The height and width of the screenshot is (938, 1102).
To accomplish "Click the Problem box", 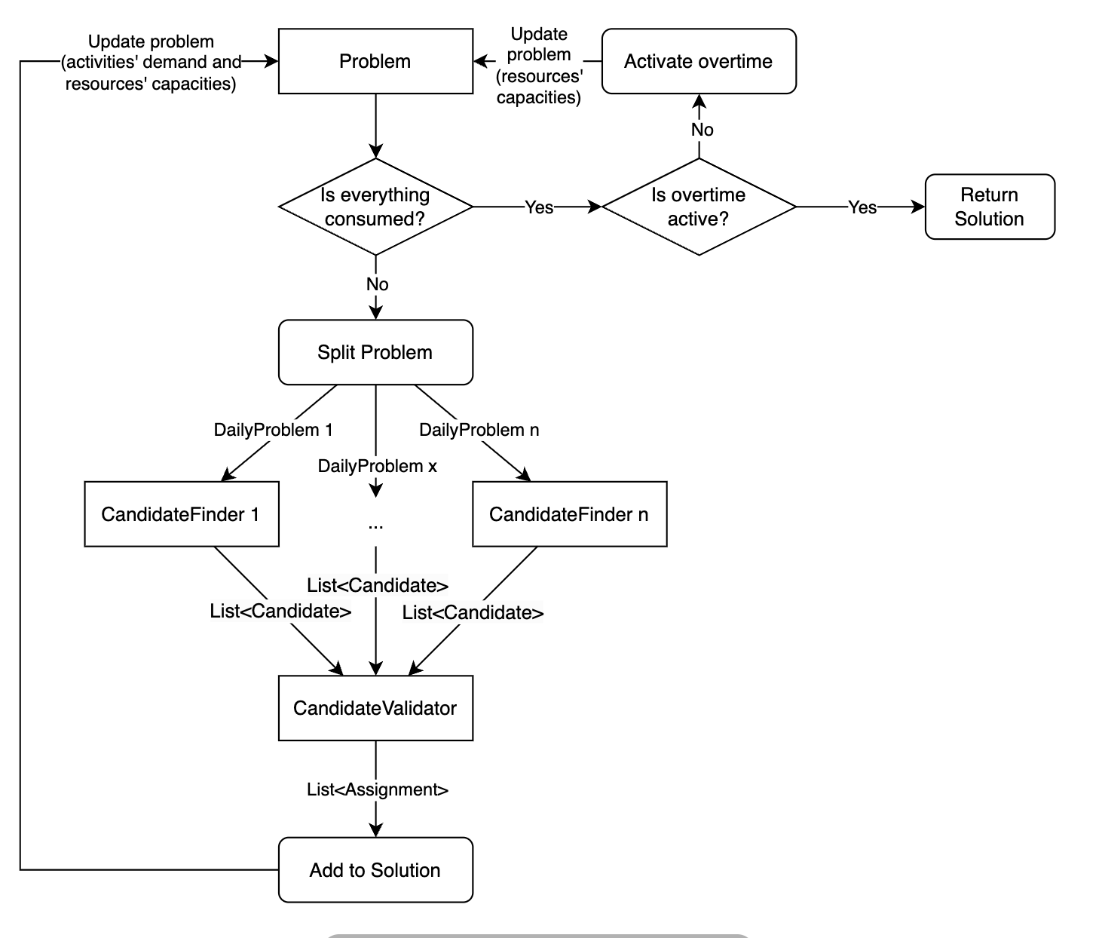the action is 375,61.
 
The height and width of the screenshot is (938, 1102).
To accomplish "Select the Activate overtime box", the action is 699,61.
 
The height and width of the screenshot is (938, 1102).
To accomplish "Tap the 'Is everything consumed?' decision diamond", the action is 375,207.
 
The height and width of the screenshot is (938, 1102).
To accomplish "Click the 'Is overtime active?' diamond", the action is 699,207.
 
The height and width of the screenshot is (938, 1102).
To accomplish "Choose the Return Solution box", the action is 990,207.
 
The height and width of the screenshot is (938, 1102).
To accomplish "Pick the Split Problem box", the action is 375,352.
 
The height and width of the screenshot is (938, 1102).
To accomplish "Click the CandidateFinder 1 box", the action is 181,514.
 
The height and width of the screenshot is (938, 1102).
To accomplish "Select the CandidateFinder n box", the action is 569,514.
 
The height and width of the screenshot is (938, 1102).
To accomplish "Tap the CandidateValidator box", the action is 375,708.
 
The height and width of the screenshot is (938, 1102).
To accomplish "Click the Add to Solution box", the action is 375,869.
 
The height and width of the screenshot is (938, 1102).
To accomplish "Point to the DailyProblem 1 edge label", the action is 273,430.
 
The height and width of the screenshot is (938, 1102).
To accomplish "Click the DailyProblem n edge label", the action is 479,430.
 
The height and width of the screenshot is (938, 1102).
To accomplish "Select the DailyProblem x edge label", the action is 377,466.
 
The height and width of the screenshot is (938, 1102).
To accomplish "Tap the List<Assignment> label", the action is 377,789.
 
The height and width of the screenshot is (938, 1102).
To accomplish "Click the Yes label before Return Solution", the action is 862,207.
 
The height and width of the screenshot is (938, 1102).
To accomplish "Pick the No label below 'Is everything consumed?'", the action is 377,284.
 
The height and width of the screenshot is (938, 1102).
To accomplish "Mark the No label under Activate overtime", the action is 702,130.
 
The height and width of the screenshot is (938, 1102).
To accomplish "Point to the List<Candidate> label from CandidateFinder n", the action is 473,613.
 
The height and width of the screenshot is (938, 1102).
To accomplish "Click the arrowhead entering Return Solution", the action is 919,207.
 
